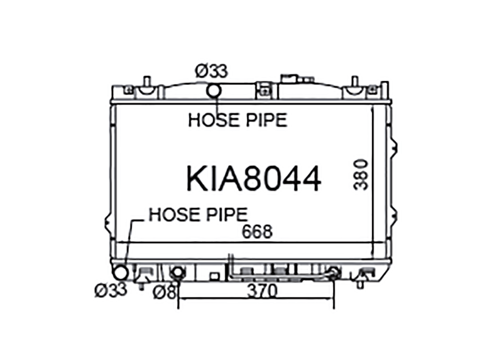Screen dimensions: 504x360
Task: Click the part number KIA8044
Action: pos(254,179)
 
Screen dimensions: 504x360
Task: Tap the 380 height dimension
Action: pos(361,175)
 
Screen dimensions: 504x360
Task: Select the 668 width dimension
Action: pos(257,231)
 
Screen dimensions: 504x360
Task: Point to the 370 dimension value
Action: pos(262,291)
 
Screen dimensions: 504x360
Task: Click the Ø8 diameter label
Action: pos(164,292)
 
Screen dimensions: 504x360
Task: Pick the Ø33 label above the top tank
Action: pos(211,71)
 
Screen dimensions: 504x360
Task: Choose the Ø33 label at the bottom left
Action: pos(111,290)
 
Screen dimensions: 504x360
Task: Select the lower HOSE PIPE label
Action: pos(198,215)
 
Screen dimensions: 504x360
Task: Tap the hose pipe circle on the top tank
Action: pos(214,91)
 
